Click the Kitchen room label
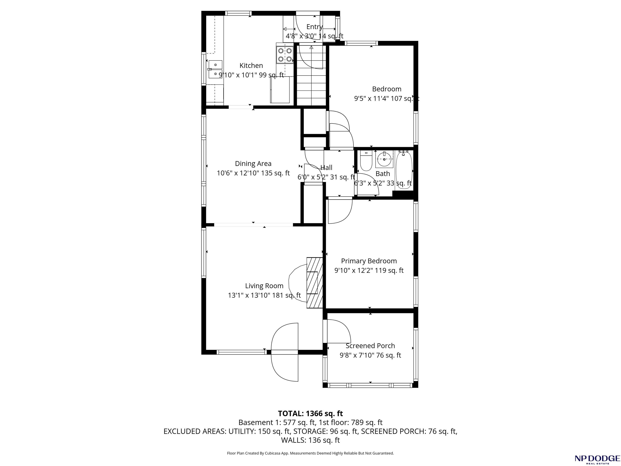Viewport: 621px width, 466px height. [251, 66]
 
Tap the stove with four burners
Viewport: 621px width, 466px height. [285, 55]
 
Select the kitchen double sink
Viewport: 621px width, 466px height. [215, 69]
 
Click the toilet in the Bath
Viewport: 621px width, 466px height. [366, 161]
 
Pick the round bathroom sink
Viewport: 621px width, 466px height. [384, 159]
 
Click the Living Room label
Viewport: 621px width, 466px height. [264, 286]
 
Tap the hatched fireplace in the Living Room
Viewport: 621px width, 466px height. [314, 283]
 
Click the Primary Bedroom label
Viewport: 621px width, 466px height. [369, 261]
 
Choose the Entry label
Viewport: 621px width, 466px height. [314, 27]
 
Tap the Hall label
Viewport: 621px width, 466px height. [326, 168]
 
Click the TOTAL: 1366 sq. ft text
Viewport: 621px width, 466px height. [310, 413]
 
